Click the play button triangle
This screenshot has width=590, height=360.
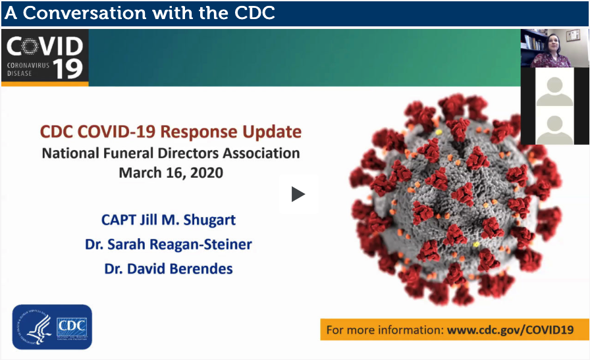pyautogui.click(x=298, y=194)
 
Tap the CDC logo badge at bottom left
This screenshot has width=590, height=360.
pyautogui.click(x=52, y=327)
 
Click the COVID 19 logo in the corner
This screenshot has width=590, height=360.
pyautogui.click(x=45, y=57)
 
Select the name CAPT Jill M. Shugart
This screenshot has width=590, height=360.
pyautogui.click(x=168, y=220)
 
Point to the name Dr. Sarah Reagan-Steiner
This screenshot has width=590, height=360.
pyautogui.click(x=168, y=245)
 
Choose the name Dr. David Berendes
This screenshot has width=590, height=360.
pyautogui.click(x=168, y=269)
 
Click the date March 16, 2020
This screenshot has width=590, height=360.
pyautogui.click(x=171, y=172)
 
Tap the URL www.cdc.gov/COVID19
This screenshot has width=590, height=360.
pyautogui.click(x=510, y=330)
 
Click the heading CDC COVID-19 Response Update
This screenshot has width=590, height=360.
pyautogui.click(x=171, y=132)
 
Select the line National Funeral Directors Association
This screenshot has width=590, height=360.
pyautogui.click(x=171, y=153)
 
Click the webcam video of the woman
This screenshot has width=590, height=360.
pyautogui.click(x=554, y=48)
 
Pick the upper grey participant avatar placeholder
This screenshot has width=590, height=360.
pyautogui.click(x=554, y=91)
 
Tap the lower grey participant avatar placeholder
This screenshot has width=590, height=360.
pyautogui.click(x=554, y=130)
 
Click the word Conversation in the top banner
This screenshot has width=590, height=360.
pyautogui.click(x=84, y=13)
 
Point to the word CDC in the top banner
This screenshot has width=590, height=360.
pyautogui.click(x=254, y=13)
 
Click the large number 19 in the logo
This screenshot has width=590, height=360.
pyautogui.click(x=68, y=68)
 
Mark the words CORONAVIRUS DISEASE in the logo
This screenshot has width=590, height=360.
pyautogui.click(x=28, y=69)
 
